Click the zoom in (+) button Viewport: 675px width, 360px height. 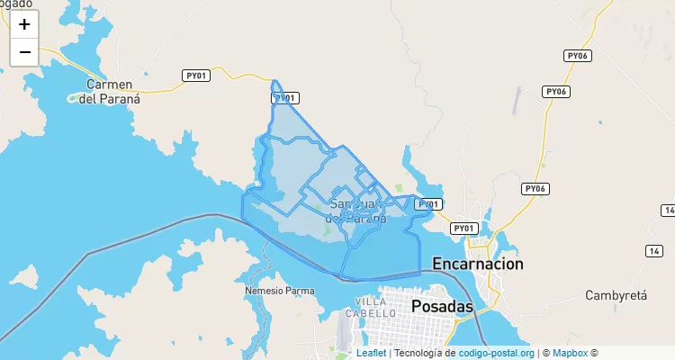tap(24, 24)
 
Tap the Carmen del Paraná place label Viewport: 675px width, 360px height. tap(110, 92)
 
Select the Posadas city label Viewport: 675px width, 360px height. tap(442, 306)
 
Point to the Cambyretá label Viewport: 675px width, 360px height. tap(616, 295)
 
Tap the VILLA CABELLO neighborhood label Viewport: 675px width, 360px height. tap(376, 307)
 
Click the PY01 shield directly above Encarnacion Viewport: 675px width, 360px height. tap(463, 229)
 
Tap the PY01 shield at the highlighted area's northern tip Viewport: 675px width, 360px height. tap(285, 98)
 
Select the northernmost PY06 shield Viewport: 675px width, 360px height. tap(577, 56)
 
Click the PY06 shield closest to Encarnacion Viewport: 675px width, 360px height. tap(535, 189)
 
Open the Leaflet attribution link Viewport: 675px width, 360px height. tap(371, 354)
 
